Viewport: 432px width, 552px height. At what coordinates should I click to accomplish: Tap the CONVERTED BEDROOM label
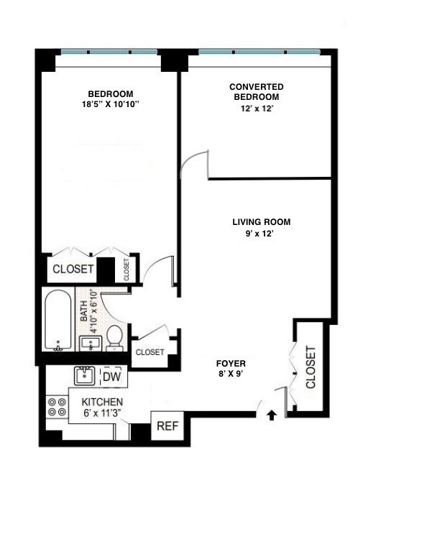(256, 91)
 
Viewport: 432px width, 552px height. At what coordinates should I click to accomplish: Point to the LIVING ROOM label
(261, 222)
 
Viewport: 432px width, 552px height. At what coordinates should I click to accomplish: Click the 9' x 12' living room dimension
(261, 234)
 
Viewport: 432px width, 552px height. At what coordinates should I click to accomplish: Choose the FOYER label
(231, 362)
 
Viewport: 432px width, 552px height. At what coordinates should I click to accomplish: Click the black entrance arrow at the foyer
(272, 415)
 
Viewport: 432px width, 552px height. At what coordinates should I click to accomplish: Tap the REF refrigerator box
(167, 425)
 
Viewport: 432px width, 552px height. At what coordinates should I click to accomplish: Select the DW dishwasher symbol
(111, 376)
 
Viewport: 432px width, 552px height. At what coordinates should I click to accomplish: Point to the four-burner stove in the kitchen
(57, 408)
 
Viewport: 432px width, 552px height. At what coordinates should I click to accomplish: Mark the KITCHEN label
(101, 402)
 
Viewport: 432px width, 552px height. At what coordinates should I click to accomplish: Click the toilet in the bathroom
(115, 338)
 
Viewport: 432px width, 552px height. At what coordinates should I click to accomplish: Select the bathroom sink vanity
(89, 342)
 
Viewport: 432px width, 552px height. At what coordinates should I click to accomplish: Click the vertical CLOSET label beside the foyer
(311, 367)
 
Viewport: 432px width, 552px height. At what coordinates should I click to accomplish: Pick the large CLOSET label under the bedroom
(72, 270)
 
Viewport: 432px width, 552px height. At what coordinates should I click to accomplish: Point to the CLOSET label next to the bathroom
(150, 352)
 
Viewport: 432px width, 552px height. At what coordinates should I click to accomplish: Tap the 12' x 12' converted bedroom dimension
(256, 108)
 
